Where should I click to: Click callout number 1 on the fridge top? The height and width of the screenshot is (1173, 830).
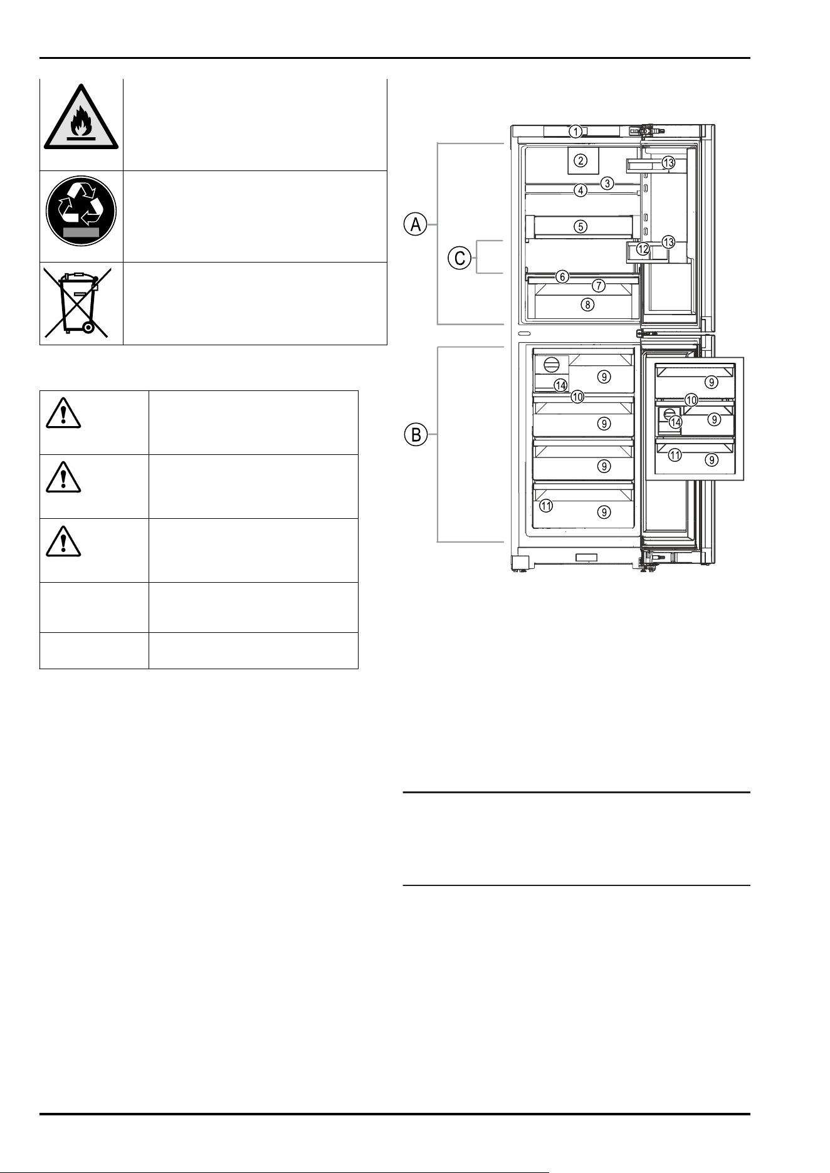(x=575, y=132)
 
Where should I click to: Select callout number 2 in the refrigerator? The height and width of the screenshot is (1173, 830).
(x=582, y=161)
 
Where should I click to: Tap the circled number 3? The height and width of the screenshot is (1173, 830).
(x=607, y=183)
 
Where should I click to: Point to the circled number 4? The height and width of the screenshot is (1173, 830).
(x=581, y=190)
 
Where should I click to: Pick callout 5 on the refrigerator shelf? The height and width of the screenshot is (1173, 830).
(x=582, y=226)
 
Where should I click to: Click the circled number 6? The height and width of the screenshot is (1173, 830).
(x=563, y=276)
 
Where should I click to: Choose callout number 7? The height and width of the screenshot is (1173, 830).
(x=599, y=286)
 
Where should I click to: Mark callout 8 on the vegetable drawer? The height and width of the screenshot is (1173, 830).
(x=587, y=305)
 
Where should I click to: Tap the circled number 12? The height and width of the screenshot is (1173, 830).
(x=643, y=249)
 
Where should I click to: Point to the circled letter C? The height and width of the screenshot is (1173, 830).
(x=460, y=258)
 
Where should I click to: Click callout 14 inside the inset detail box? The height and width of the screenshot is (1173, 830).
(x=675, y=422)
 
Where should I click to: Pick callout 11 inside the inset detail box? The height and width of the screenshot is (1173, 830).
(x=675, y=456)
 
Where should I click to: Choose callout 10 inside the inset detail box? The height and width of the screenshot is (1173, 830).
(x=691, y=400)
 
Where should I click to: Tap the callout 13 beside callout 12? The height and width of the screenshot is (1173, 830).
(x=669, y=241)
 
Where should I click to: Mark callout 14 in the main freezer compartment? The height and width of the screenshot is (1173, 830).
(x=560, y=385)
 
